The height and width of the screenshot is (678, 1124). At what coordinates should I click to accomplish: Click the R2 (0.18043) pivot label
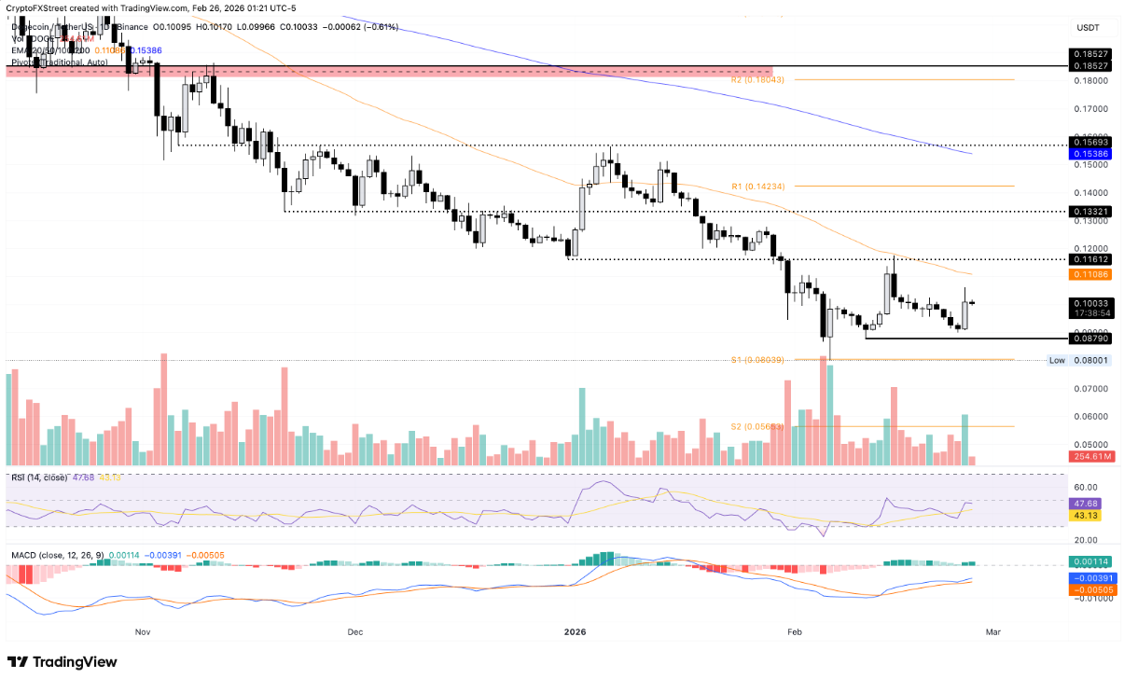pyautogui.click(x=757, y=80)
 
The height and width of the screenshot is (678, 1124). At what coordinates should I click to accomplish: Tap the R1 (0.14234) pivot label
pyautogui.click(x=757, y=186)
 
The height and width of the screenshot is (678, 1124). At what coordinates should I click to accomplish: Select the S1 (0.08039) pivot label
pyautogui.click(x=757, y=360)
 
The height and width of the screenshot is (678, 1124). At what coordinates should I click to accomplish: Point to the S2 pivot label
pyautogui.click(x=757, y=426)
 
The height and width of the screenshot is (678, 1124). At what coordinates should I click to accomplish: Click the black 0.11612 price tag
pyautogui.click(x=1089, y=259)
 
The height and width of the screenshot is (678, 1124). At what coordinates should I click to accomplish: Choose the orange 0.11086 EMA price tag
pyautogui.click(x=1089, y=274)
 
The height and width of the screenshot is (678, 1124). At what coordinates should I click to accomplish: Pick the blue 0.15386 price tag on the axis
pyautogui.click(x=1089, y=152)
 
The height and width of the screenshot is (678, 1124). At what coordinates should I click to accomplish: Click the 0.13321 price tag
pyautogui.click(x=1089, y=212)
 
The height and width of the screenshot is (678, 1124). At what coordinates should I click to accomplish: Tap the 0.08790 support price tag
pyautogui.click(x=1089, y=339)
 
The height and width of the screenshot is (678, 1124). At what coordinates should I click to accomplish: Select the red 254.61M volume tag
pyautogui.click(x=1089, y=457)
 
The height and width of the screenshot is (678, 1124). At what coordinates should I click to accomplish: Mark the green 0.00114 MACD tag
pyautogui.click(x=1089, y=561)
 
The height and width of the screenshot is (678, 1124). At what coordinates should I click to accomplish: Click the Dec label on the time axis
pyautogui.click(x=354, y=631)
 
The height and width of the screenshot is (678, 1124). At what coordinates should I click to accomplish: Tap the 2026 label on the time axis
pyautogui.click(x=577, y=631)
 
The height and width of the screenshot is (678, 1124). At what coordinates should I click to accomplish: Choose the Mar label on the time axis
pyautogui.click(x=993, y=631)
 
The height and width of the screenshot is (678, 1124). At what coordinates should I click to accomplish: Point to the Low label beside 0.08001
pyautogui.click(x=1057, y=360)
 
